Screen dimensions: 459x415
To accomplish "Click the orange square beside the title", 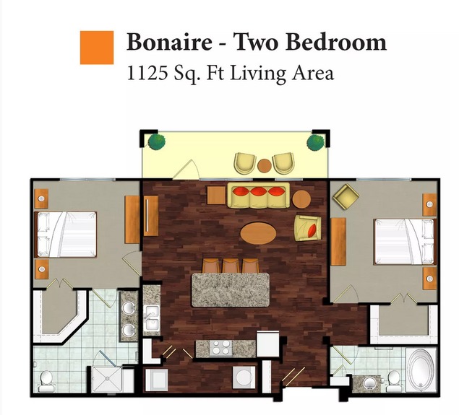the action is (x=97, y=48).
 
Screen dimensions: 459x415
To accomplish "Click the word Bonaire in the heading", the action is (x=169, y=42).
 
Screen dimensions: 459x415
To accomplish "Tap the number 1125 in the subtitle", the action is (x=147, y=73).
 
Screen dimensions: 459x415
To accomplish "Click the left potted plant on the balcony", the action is (x=157, y=141).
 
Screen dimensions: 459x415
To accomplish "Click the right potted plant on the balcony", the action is (x=316, y=142).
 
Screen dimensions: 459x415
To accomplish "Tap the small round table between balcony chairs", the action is (x=265, y=166).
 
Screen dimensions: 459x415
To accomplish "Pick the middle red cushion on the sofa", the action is (x=259, y=191).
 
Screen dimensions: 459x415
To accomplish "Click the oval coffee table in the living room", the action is (x=258, y=233).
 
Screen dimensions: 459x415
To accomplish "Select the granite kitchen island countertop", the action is (x=231, y=290).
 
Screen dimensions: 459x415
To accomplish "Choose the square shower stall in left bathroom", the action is (x=107, y=379).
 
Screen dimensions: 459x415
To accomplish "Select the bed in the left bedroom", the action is (x=66, y=235).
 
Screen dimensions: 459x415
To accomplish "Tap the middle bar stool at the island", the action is (x=231, y=265).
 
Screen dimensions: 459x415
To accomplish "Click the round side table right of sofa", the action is (x=301, y=199).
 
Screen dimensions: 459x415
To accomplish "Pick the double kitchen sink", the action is (x=151, y=318).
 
